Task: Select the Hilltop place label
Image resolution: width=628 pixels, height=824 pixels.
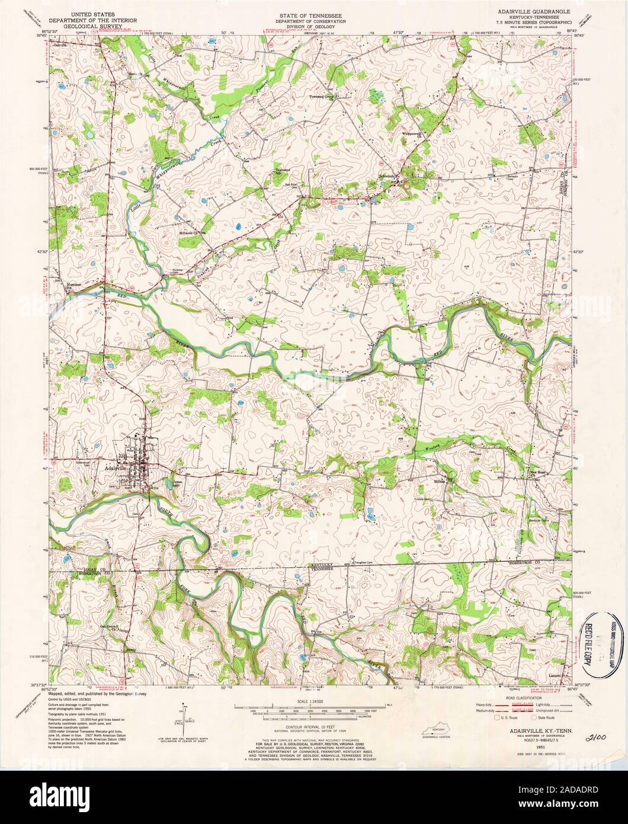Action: tap(439, 481)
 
